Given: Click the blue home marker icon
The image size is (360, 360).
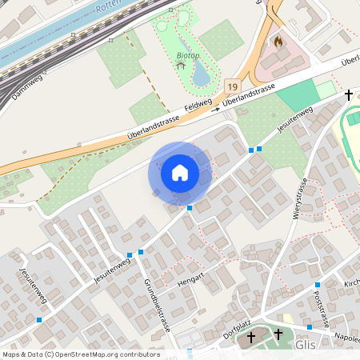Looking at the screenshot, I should (180, 172).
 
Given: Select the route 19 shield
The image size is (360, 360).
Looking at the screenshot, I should (231, 83).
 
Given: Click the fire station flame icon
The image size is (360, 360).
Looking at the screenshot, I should (278, 41).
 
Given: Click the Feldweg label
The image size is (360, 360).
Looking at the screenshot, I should (198, 106).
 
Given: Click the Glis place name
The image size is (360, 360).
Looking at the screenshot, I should (306, 344).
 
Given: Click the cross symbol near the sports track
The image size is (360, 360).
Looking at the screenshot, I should (348, 95).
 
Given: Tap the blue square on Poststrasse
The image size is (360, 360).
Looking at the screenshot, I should (317, 285).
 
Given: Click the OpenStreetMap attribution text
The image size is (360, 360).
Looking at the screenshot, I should (81, 354).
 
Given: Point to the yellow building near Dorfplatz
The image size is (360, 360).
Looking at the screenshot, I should (288, 318).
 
